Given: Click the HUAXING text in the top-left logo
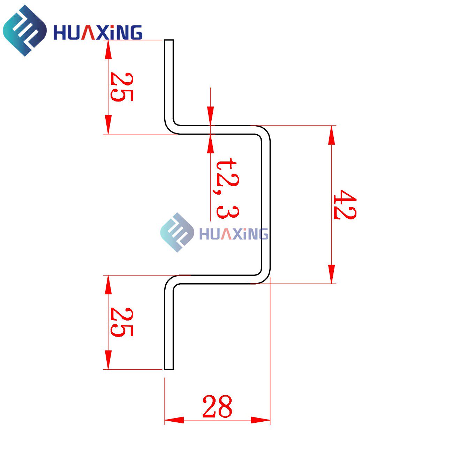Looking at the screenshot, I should click(98, 32).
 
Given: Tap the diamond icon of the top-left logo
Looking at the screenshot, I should click(24, 31).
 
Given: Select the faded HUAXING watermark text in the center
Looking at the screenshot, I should click(233, 233).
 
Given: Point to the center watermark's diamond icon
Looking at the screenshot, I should click(177, 233).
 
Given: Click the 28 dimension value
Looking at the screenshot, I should click(217, 407).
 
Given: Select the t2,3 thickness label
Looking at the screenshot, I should click(227, 188).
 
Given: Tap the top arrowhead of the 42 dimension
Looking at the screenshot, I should click(331, 135).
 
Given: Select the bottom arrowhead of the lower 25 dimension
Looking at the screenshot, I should click(108, 360).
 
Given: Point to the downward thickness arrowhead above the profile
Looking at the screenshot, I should click(210, 116).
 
